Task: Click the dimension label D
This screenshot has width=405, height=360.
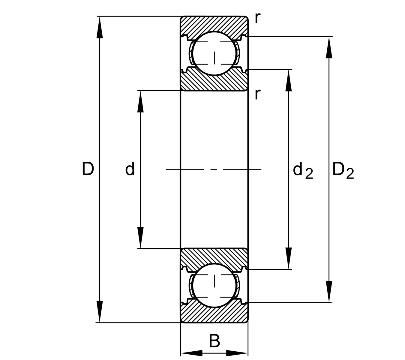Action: [x=88, y=169]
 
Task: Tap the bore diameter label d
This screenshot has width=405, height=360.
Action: [x=130, y=169]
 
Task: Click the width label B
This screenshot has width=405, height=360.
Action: [x=214, y=341]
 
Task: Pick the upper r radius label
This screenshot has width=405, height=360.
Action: [x=257, y=19]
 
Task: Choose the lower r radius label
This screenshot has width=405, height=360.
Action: [x=257, y=94]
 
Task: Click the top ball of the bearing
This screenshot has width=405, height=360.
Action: [x=214, y=53]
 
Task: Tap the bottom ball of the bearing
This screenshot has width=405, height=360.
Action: [x=214, y=285]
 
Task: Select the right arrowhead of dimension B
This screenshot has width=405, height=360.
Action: [x=237, y=353]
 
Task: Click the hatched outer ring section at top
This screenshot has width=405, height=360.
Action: [x=214, y=24]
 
